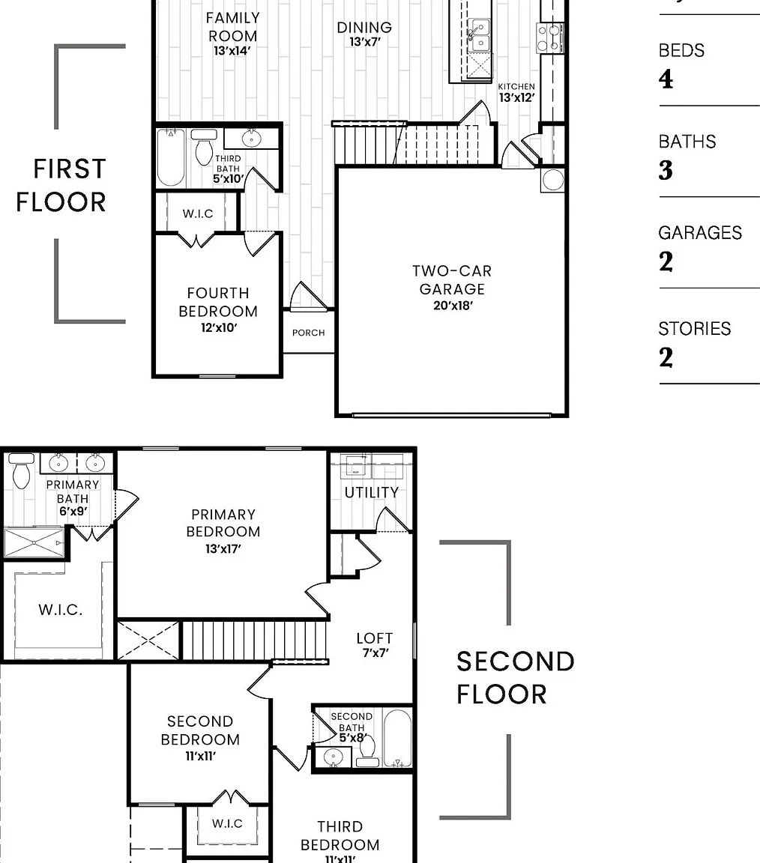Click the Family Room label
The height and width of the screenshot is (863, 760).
click(x=232, y=27)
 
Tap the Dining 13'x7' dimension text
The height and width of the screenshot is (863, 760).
click(x=364, y=42)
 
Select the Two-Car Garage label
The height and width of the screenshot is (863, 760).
click(x=452, y=279)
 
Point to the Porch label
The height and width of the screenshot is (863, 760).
click(x=308, y=333)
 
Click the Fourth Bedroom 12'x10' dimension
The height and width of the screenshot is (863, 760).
click(x=219, y=327)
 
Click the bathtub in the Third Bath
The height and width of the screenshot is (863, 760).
click(x=172, y=157)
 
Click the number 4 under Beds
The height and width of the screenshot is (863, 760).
click(x=666, y=79)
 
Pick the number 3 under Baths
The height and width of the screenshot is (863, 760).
click(x=666, y=170)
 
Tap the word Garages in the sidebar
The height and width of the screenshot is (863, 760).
click(x=700, y=233)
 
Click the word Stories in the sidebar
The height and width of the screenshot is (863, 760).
click(x=695, y=329)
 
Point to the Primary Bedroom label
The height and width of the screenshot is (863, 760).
click(x=223, y=523)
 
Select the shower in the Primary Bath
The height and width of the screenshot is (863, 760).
click(x=34, y=542)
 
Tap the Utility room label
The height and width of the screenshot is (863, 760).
click(x=372, y=493)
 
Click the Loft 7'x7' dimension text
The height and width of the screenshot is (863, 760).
click(x=376, y=652)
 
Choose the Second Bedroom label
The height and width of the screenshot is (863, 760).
click(x=200, y=730)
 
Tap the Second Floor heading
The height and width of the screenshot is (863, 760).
click(x=516, y=677)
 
